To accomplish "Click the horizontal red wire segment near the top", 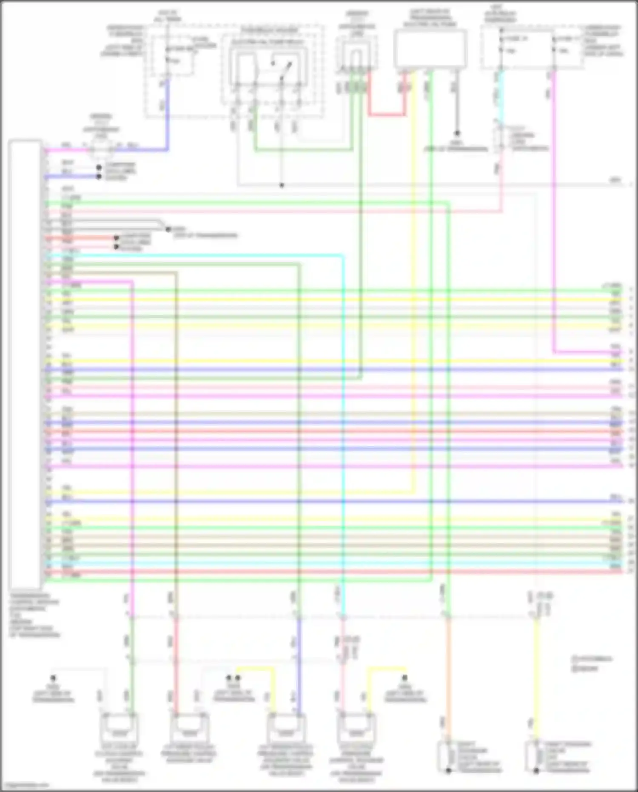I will tap(386, 114).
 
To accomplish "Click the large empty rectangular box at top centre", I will tap(430, 49).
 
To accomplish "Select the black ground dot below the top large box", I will tap(457, 134).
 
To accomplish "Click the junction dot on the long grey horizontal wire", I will tap(281, 186).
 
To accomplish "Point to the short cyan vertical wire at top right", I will tap(501, 98).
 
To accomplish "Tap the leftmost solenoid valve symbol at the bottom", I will tap(119, 730).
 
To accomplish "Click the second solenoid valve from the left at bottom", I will tap(189, 730).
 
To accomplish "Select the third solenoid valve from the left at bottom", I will tap(286, 730).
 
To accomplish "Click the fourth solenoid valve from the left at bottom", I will tap(356, 730).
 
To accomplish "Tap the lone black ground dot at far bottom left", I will tap(53, 678).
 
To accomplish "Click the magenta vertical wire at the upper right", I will tap(554, 213).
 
